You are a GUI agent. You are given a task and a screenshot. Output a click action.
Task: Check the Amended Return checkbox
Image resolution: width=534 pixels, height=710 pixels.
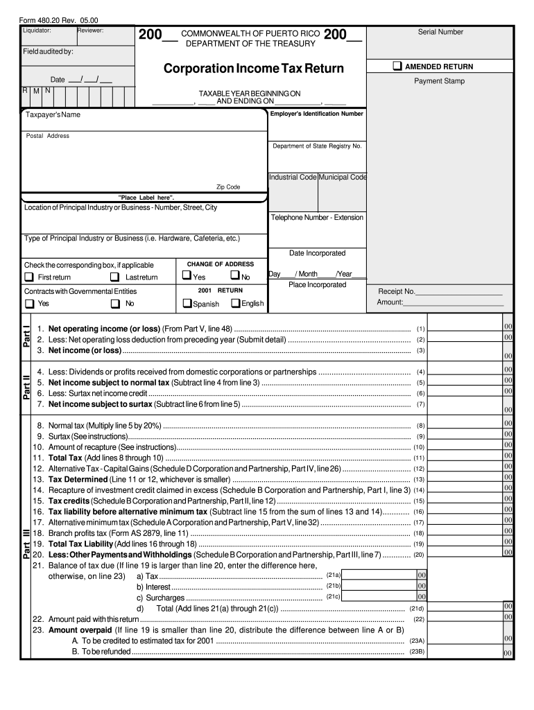[x=397, y=67]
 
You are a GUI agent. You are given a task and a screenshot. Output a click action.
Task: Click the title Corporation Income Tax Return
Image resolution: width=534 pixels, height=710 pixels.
[x=253, y=69]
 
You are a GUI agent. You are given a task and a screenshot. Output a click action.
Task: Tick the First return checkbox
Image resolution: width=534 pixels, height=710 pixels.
[x=29, y=277]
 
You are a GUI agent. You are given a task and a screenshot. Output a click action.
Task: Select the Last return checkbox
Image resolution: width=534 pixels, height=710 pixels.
[x=115, y=277]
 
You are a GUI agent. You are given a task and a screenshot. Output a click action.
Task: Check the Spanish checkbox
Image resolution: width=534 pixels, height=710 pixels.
[x=187, y=303]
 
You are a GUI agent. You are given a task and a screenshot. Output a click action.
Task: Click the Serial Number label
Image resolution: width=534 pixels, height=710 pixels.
[x=440, y=32]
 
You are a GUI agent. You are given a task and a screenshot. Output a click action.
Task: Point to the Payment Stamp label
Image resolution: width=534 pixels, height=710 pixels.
[x=440, y=81]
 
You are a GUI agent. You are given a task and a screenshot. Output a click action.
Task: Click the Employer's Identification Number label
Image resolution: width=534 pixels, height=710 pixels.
[x=316, y=114]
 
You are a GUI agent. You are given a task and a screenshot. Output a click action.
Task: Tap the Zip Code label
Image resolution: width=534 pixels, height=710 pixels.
[x=228, y=187]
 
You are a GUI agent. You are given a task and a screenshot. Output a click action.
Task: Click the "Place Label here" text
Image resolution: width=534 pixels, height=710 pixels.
[x=146, y=198]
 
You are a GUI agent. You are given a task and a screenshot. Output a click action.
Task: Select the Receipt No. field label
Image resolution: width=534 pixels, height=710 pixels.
[x=396, y=291]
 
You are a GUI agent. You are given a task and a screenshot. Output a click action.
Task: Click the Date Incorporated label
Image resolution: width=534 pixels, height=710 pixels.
[x=317, y=253]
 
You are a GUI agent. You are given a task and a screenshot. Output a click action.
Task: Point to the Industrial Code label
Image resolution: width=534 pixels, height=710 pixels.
[x=293, y=177]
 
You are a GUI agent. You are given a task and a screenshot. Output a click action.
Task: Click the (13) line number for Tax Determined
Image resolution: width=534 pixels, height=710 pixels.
[x=419, y=480]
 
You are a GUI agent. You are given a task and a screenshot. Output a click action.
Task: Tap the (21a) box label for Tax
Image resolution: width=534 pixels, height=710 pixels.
[x=333, y=575]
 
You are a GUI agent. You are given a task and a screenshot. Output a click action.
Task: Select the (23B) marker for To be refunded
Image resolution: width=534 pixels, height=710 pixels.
[x=417, y=652]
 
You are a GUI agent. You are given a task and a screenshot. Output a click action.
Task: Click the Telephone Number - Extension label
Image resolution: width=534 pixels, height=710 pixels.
[x=317, y=217]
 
